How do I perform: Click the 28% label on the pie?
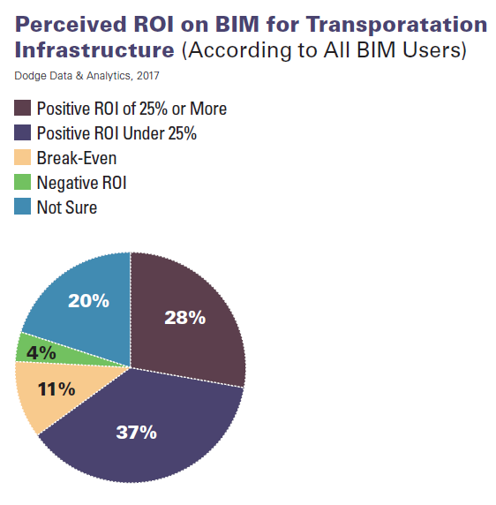tap(185, 318)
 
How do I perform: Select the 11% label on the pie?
tap(56, 388)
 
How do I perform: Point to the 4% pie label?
tap(41, 352)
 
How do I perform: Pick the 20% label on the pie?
tap(89, 300)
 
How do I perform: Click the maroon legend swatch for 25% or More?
tap(24, 109)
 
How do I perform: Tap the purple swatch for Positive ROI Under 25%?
tap(24, 133)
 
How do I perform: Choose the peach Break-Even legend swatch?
tap(24, 158)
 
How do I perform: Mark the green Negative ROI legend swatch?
tap(24, 183)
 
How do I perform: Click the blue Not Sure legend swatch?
tap(24, 207)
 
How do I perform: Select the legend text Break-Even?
tap(77, 159)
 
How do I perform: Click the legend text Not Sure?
tap(67, 208)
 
